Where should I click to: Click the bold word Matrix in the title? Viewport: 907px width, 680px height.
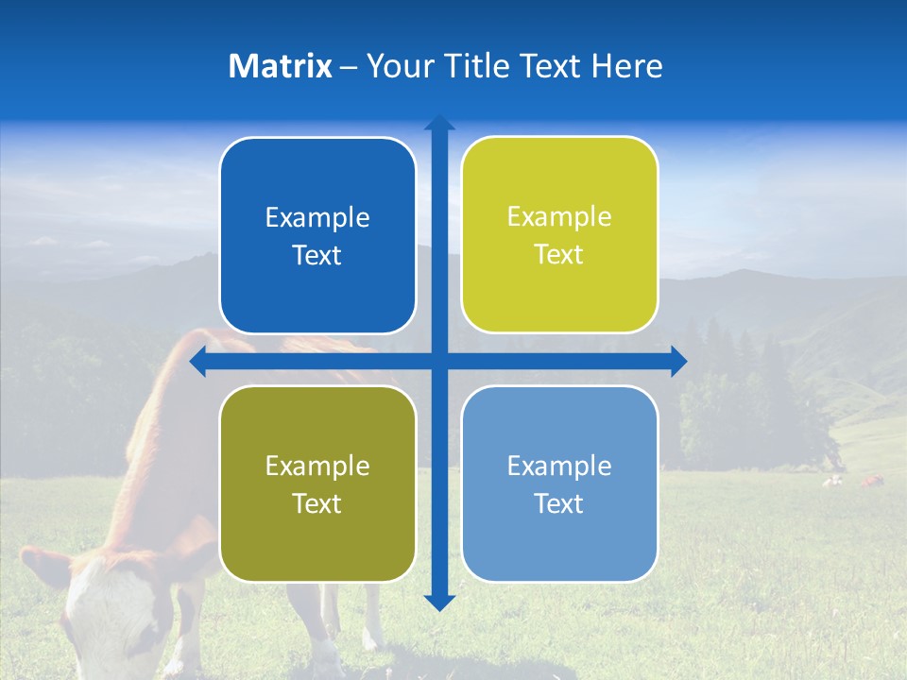[x=280, y=66]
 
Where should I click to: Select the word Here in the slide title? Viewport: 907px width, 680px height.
[x=626, y=66]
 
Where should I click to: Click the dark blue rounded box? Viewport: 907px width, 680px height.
[x=317, y=235]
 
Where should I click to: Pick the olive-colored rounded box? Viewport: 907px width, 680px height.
[x=317, y=484]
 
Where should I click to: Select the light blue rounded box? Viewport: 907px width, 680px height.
[x=559, y=484]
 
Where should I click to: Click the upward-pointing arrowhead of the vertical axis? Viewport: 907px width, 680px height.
[x=439, y=123]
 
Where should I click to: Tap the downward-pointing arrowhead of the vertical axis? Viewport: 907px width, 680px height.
[x=439, y=602]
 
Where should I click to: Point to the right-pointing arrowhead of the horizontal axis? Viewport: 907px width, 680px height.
[x=678, y=361]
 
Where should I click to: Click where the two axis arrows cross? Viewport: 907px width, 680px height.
[x=439, y=361]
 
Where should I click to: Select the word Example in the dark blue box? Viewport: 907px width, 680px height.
[x=317, y=217]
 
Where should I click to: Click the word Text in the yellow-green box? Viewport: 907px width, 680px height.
[x=559, y=254]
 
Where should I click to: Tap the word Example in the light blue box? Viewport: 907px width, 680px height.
[x=559, y=466]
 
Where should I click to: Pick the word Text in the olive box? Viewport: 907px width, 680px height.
[x=317, y=503]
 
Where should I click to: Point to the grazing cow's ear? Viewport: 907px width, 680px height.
[x=45, y=567]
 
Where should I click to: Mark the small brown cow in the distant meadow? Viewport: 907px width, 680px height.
[x=870, y=482]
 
